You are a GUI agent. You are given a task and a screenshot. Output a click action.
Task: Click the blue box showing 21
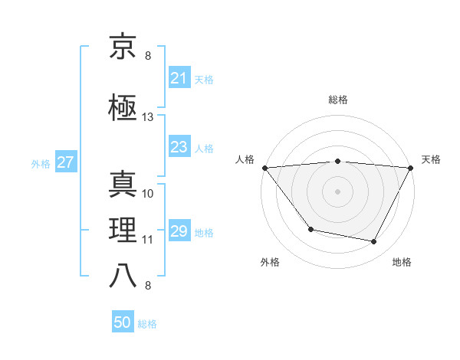coord(179,78)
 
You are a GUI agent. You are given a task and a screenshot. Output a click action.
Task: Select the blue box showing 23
coord(179,148)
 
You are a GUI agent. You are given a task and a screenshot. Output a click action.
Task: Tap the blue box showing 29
coord(179,232)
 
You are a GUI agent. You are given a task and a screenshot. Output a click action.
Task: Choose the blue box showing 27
coord(65,162)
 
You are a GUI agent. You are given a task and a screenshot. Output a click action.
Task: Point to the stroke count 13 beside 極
coord(148,117)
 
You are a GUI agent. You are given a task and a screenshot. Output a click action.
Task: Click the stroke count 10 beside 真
coord(148,193)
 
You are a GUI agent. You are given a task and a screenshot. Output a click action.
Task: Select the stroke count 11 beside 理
coord(148,240)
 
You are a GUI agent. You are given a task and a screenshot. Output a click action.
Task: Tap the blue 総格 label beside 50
coord(147,324)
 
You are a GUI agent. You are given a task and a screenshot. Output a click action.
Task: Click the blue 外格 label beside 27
coord(40,163)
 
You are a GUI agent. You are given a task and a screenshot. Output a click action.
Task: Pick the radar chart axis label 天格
coord(431,159)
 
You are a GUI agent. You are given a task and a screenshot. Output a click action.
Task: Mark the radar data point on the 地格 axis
coord(374,242)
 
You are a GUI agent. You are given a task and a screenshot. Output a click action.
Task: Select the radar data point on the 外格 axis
coord(310,229)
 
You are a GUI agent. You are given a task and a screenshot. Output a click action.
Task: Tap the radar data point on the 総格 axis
coord(337,161)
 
